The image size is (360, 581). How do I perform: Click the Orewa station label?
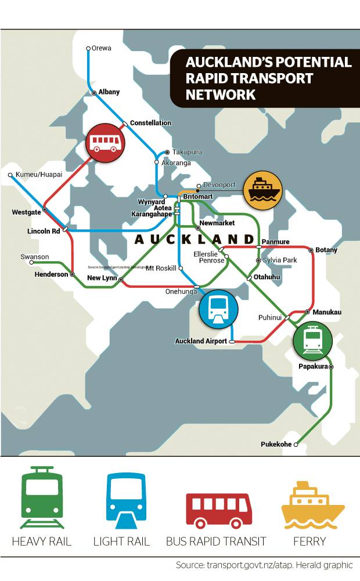click(102, 48)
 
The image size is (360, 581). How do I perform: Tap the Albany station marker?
click(94, 92)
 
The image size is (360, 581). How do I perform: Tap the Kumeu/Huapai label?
click(39, 174)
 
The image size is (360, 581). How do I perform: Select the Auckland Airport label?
click(201, 341)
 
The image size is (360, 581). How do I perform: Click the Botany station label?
click(327, 250)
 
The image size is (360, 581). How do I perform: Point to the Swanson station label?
click(34, 257)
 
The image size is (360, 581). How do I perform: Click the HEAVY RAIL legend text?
click(41, 542)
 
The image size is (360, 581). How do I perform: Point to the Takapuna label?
click(187, 152)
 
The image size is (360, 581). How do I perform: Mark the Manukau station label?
click(327, 312)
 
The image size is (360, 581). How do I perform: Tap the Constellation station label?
click(150, 123)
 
